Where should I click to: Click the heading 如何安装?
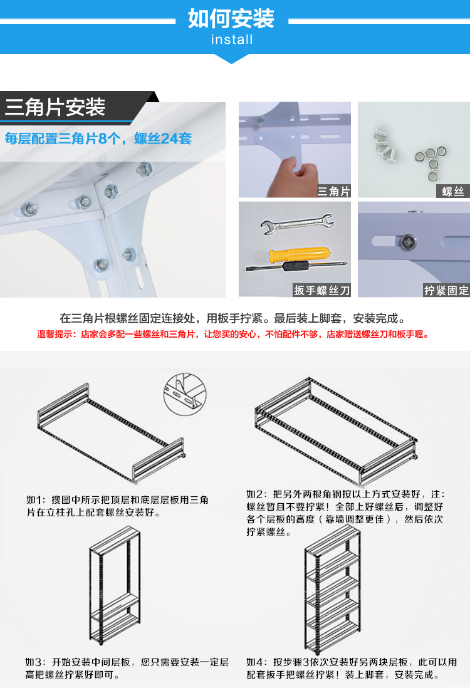[231, 18]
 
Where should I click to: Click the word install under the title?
[232, 39]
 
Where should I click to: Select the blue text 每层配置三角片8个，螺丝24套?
[98, 138]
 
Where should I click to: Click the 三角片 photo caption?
[333, 191]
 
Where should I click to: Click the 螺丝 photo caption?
[452, 191]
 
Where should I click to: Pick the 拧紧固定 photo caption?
[446, 290]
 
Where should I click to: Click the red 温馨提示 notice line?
[234, 335]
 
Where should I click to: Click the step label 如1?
[35, 500]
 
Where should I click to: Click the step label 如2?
[256, 494]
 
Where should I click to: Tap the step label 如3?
[35, 662]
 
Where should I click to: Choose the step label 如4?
[256, 662]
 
